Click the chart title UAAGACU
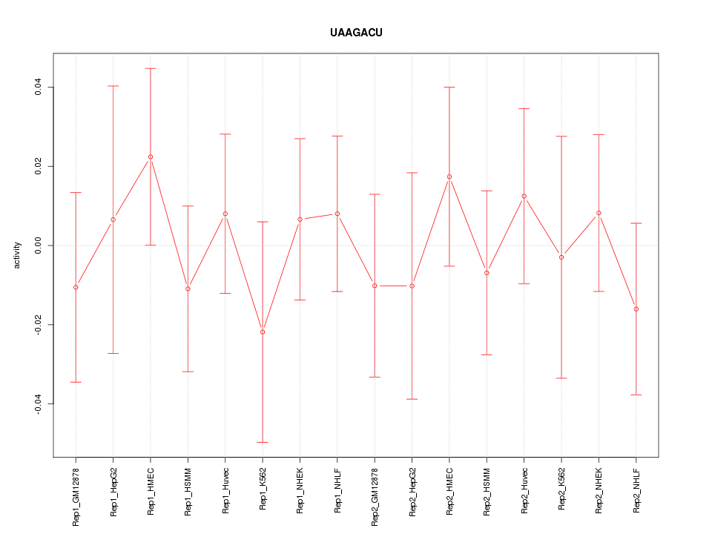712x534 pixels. [356, 33]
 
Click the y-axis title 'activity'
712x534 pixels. [18, 255]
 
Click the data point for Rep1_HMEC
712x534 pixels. [151, 156]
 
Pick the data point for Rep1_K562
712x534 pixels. [263, 332]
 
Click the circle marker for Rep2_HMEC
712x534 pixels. [449, 177]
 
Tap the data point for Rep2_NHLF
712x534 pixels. [636, 309]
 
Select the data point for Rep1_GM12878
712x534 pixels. [76, 287]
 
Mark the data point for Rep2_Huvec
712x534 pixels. [524, 196]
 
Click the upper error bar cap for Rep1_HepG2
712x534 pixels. [113, 86]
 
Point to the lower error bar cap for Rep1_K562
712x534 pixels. [263, 442]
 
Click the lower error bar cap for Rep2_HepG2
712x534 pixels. [412, 399]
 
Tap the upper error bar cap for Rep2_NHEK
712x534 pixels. [599, 134]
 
